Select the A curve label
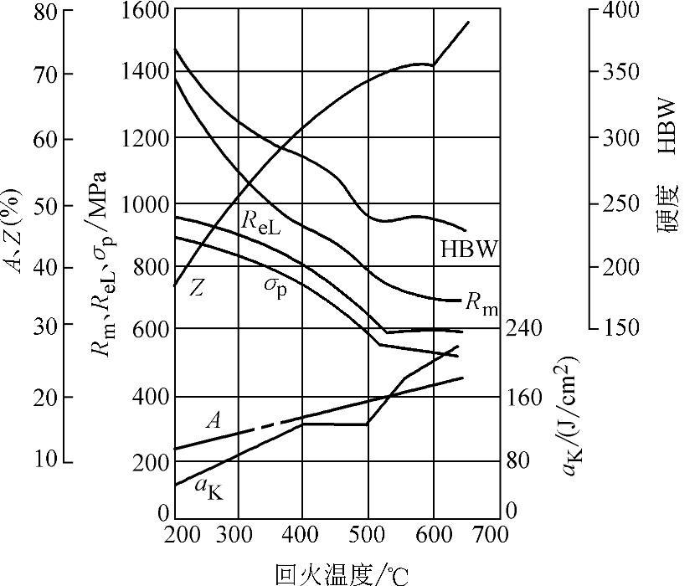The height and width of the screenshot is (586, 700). [x=213, y=419]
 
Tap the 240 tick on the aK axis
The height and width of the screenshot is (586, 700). [x=526, y=327]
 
